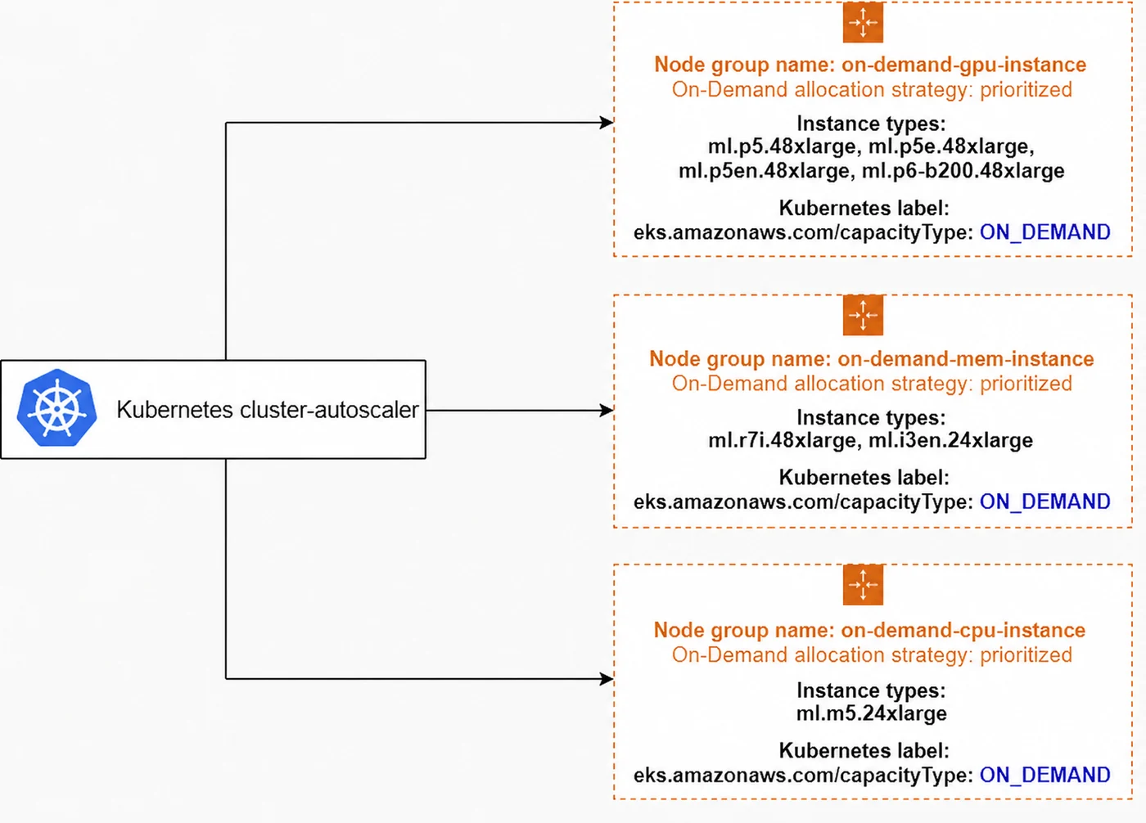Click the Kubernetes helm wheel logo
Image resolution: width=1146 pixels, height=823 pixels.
coord(56,408)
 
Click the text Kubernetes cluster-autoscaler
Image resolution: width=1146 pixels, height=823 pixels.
coord(268,410)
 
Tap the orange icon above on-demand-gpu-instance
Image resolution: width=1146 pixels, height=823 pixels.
coord(863,22)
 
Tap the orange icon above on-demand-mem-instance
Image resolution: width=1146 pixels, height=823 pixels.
coord(863,315)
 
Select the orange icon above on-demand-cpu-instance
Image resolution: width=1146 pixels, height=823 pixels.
coord(863,584)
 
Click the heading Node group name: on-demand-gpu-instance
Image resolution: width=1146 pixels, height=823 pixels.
coord(870,65)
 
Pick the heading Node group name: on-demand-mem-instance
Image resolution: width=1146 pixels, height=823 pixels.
coord(871,359)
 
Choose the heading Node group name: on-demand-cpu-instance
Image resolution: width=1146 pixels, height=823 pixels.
coord(869,630)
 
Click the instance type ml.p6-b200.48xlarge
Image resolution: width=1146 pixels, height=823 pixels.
coord(963,170)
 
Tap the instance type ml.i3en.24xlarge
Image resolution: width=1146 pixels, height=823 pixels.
coord(950,440)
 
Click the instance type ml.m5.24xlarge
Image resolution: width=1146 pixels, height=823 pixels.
coord(871,713)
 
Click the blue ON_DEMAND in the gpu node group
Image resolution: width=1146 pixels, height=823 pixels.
coord(1044,232)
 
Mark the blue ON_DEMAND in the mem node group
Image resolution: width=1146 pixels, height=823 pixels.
coord(1044,501)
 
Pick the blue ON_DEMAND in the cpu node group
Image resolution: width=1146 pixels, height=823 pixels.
coord(1044,775)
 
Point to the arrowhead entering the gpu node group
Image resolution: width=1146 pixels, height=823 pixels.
coord(607,122)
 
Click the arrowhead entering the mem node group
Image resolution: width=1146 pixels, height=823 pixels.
coord(607,410)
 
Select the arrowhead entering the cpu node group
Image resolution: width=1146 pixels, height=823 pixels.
coord(607,679)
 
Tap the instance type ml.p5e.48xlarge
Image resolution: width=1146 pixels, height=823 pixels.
coord(951,146)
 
